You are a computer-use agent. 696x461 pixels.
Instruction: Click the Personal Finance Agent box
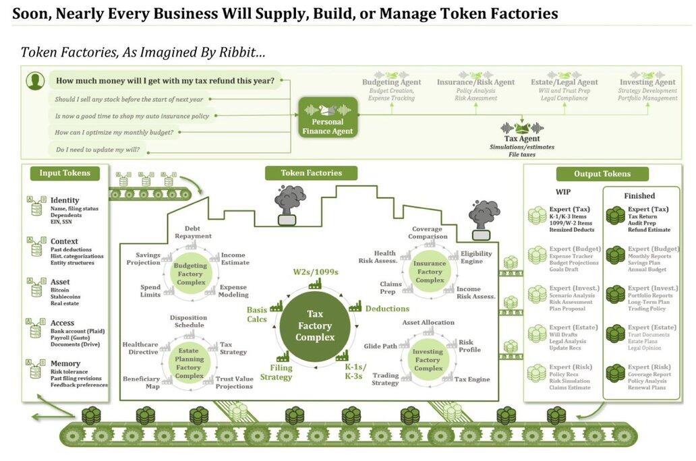[328, 117]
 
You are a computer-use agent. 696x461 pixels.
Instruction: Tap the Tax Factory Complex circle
[315, 326]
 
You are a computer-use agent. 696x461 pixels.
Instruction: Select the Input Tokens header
[65, 173]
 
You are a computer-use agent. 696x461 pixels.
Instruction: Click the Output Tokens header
[602, 174]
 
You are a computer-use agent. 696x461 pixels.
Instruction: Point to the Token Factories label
[311, 173]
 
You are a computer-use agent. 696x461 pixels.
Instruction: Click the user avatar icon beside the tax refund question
[35, 82]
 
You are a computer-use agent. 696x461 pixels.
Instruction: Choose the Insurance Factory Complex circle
[430, 272]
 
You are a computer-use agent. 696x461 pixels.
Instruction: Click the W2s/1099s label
[315, 272]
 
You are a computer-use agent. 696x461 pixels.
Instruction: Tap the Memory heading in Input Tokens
[65, 363]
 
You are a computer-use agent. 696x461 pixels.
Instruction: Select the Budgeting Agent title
[391, 82]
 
